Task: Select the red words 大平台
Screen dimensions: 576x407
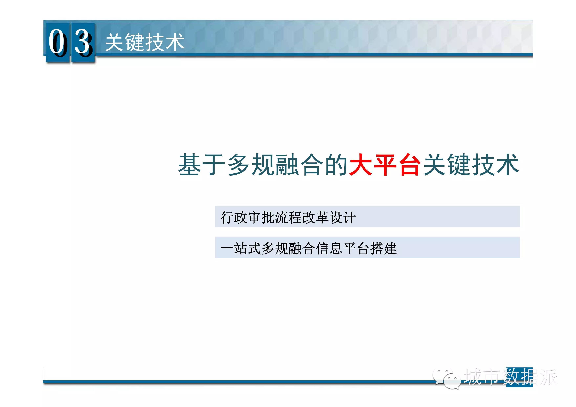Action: [x=385, y=165]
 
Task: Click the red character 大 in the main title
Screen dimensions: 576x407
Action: [x=360, y=165]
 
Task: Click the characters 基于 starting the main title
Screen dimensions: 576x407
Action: [x=202, y=165]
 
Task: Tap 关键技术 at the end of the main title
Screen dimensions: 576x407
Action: [x=471, y=165]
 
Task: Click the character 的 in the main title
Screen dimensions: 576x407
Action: [x=336, y=165]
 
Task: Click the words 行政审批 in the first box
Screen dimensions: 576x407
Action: [x=247, y=217]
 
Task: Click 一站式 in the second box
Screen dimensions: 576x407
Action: [x=241, y=248]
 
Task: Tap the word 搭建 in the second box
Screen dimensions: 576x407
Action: [x=383, y=248]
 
